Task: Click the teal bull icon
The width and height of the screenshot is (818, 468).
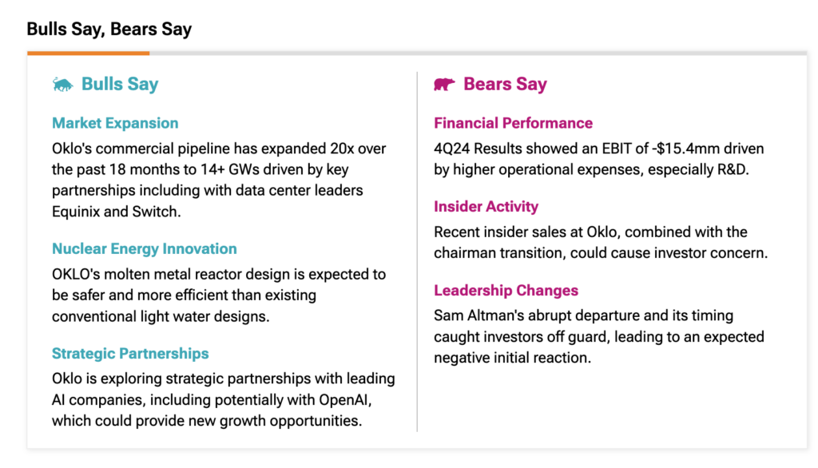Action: tap(63, 84)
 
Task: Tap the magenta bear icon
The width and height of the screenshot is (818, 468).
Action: tap(444, 84)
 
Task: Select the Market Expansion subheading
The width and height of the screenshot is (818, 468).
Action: tap(115, 123)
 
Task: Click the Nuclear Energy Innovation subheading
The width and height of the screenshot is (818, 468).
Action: tap(144, 249)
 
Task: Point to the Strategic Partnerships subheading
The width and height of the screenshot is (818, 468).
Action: tap(130, 354)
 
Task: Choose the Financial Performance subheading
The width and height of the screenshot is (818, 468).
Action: tap(513, 123)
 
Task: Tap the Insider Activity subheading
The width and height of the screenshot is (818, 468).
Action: tap(486, 207)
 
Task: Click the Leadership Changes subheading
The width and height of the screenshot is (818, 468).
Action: tap(506, 291)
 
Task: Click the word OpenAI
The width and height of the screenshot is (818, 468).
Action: tap(345, 400)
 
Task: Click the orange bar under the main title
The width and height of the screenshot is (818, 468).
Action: tap(88, 54)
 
